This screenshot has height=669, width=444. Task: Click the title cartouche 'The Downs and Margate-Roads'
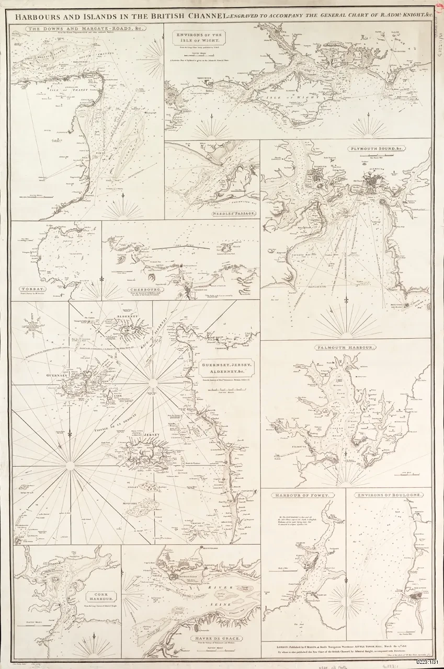(x=87, y=29)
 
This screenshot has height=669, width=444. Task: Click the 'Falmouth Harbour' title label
(x=345, y=347)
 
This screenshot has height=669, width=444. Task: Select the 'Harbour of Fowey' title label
(x=303, y=494)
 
